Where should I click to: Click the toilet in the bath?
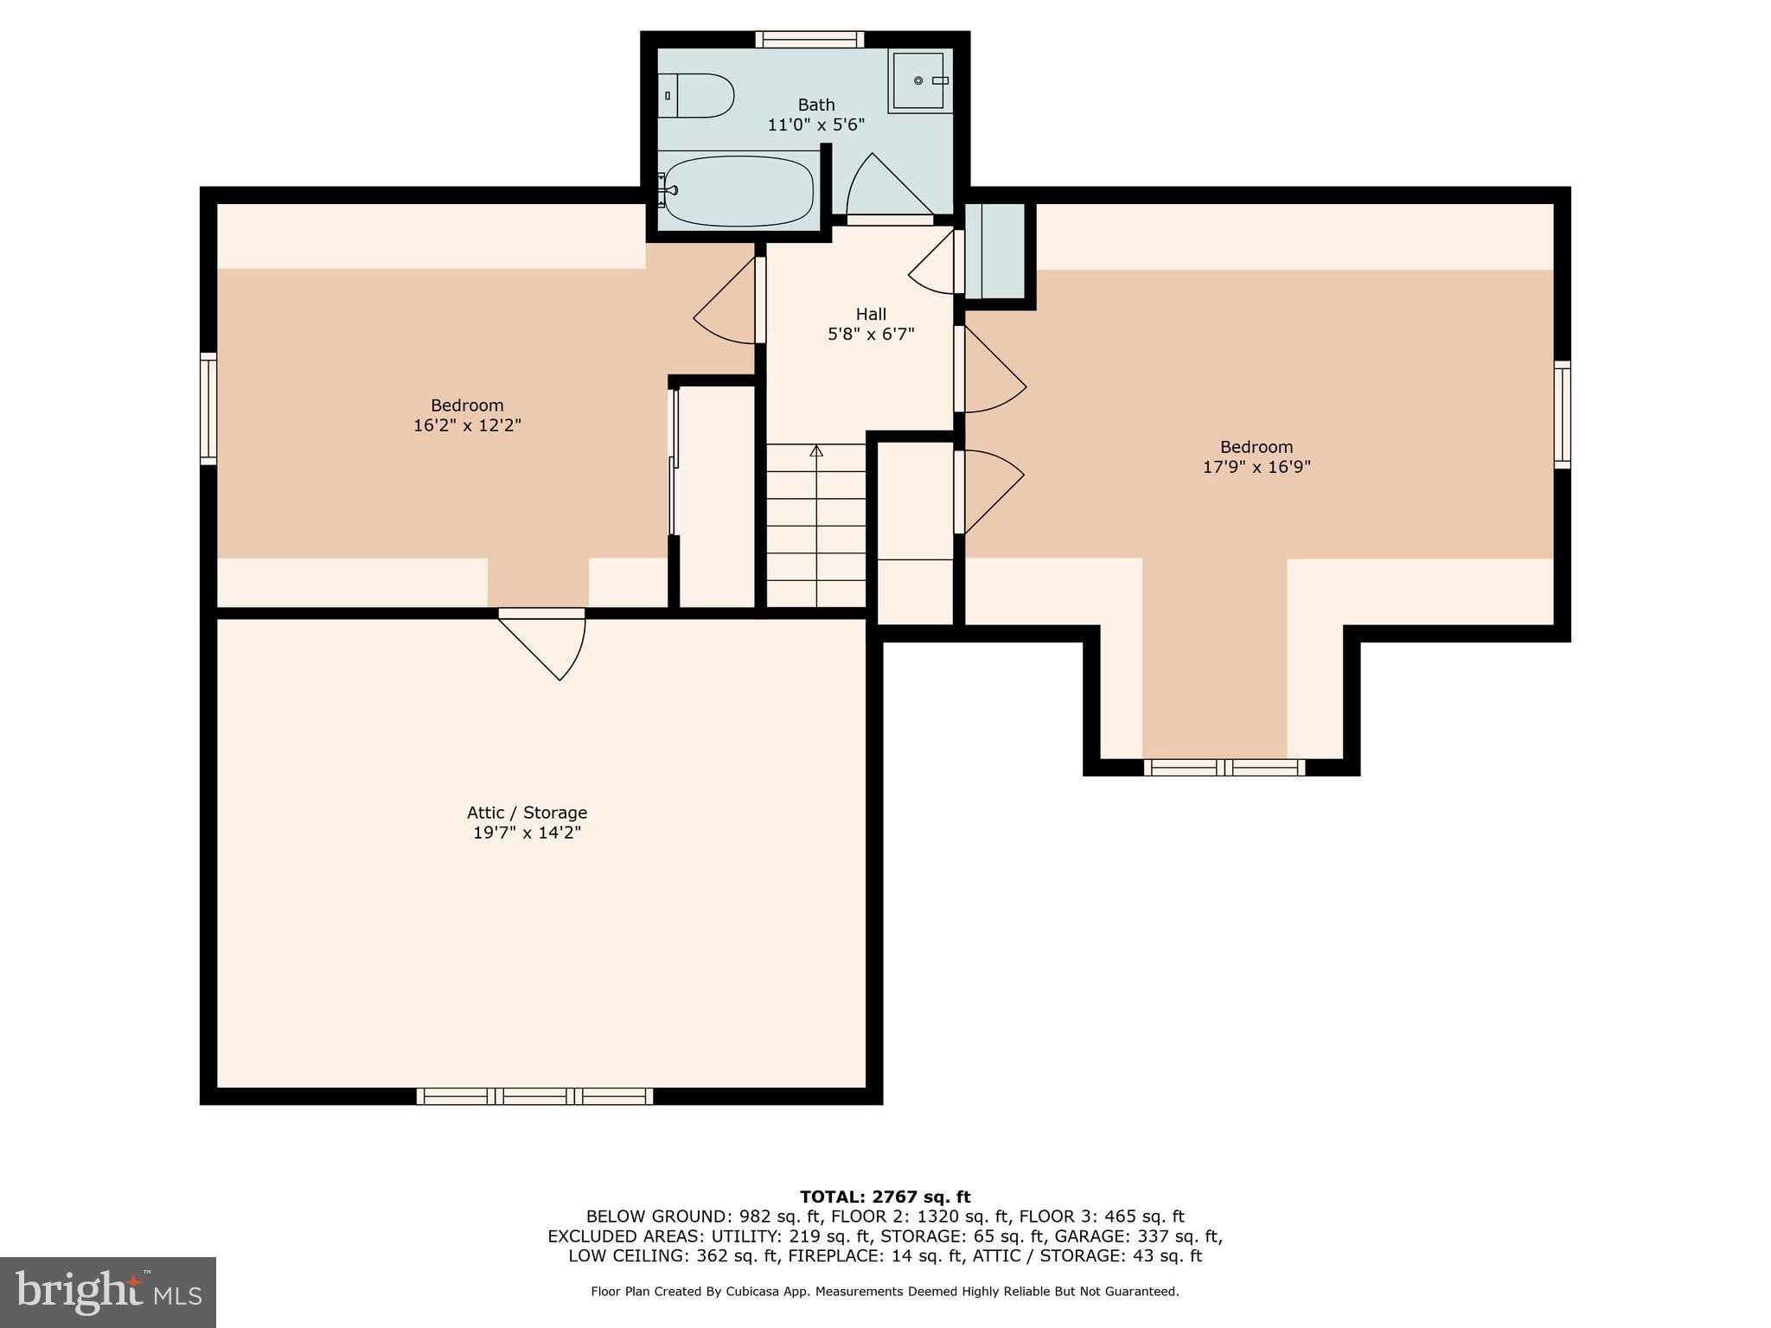pyautogui.click(x=697, y=95)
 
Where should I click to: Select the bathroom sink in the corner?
pyautogui.click(x=920, y=80)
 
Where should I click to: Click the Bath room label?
pyautogui.click(x=815, y=105)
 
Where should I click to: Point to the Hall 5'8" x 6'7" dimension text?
pyautogui.click(x=871, y=334)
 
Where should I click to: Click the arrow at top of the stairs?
pyautogui.click(x=815, y=450)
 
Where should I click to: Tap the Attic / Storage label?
pyautogui.click(x=527, y=813)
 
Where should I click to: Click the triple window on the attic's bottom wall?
pyautogui.click(x=534, y=1096)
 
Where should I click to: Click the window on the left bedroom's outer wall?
pyautogui.click(x=208, y=408)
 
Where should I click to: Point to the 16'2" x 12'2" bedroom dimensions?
pyautogui.click(x=467, y=425)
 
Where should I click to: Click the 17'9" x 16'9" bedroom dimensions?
pyautogui.click(x=1256, y=467)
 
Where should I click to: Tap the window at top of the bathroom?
pyautogui.click(x=809, y=39)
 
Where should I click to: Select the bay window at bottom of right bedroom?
pyautogui.click(x=1224, y=767)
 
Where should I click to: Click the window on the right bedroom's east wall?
pyautogui.click(x=1562, y=415)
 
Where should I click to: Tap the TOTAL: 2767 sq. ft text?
pyautogui.click(x=885, y=1197)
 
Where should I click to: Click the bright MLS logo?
pyautogui.click(x=107, y=1292)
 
